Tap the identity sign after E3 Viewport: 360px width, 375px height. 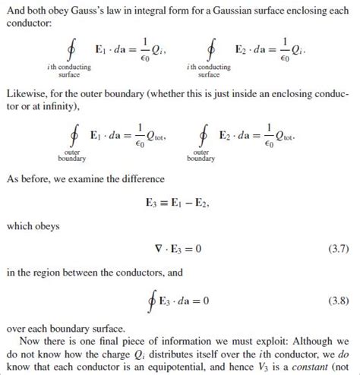(166, 203)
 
